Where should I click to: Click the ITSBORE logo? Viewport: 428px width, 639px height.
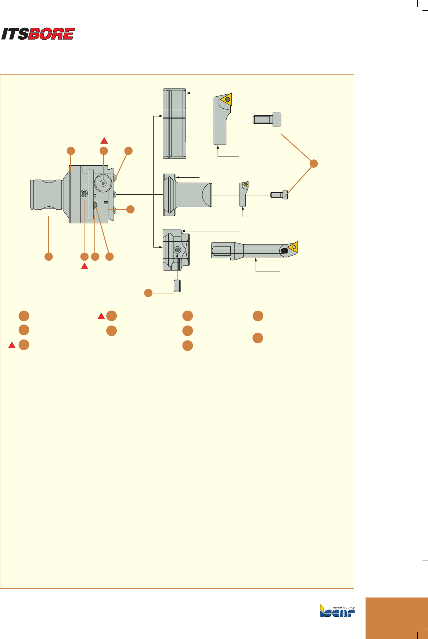38,34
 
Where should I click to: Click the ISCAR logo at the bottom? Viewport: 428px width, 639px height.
337,610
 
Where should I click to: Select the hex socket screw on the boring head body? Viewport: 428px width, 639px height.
84,193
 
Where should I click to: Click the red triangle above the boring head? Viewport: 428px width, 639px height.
104,140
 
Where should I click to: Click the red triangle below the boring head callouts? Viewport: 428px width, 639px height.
84,267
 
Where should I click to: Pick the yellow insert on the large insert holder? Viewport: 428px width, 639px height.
226,99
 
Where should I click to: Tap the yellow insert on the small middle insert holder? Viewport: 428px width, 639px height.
245,184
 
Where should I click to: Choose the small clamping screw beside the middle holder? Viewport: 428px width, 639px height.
279,195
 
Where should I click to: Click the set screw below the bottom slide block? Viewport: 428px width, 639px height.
177,285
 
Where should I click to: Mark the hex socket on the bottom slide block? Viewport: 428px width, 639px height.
177,249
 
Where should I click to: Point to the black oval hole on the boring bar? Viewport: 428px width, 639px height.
284,251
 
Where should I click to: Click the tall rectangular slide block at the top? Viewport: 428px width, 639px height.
175,124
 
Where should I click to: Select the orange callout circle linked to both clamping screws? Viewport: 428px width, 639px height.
313,164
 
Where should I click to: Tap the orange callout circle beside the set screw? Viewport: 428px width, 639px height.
148,293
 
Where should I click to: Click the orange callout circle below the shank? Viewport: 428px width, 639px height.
48,256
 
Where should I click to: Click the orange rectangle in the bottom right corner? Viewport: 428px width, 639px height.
396,618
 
